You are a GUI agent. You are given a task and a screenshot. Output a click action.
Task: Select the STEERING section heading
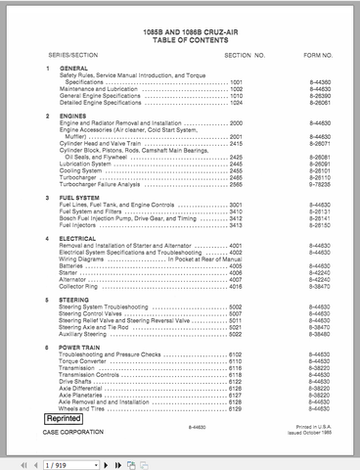click(75, 300)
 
